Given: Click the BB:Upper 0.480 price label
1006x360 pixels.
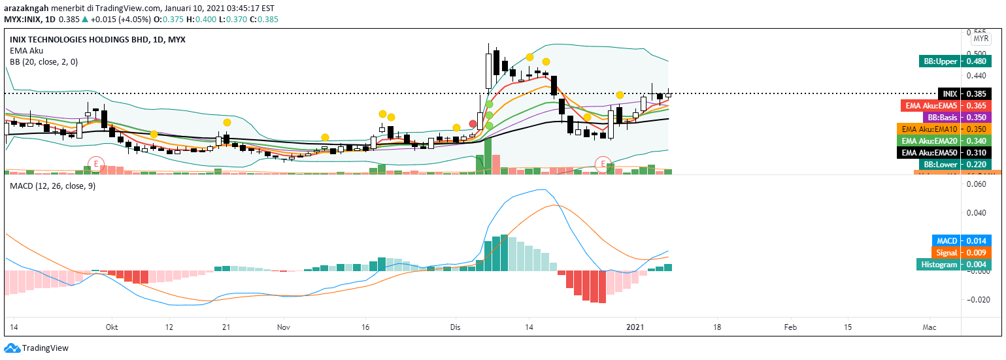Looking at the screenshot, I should [x=954, y=61].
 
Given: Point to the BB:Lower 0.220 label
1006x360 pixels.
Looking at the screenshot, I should [x=953, y=164].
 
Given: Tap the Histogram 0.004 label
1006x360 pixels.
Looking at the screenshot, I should [x=954, y=265].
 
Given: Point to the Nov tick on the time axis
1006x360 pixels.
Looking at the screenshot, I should [x=284, y=326].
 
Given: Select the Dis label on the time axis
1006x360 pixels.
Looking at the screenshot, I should [x=455, y=326].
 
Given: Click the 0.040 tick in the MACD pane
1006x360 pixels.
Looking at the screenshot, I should [x=977, y=213].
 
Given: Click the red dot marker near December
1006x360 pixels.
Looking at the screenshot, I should [x=473, y=123].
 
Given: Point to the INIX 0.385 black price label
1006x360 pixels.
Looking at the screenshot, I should [x=964, y=93].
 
